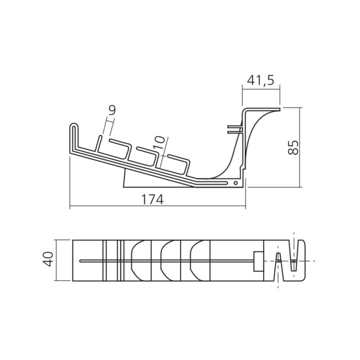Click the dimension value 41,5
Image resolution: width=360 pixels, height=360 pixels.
pos(261,80)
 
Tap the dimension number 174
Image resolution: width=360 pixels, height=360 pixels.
pos(152,199)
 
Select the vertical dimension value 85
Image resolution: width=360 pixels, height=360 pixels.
pos(293,148)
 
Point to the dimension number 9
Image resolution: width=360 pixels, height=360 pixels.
pos(112,110)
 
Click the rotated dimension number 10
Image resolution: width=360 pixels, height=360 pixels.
pos(160,143)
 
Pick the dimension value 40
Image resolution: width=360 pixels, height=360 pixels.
pos(49,259)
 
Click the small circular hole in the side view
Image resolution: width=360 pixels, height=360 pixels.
pos(235,183)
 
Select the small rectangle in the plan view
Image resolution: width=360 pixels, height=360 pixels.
pos(258,261)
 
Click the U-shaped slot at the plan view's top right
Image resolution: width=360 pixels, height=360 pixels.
pos(293,255)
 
